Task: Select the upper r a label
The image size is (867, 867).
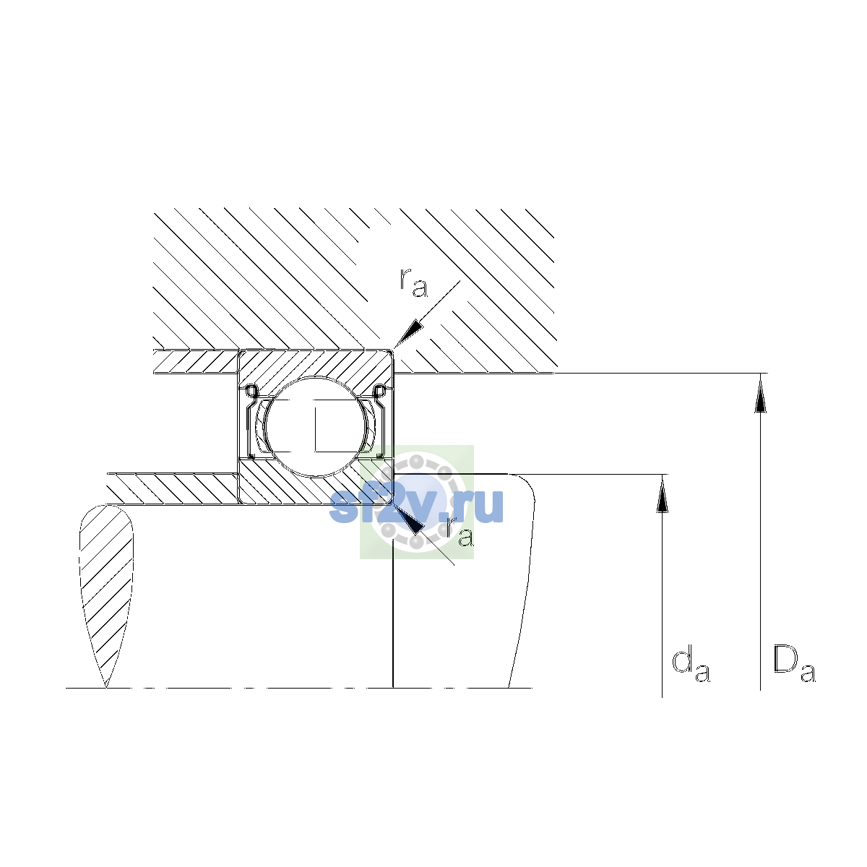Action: (x=413, y=282)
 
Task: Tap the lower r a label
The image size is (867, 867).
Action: (x=460, y=532)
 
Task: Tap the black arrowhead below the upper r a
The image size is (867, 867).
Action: (x=408, y=335)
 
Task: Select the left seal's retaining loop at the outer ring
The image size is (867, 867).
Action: (x=251, y=392)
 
